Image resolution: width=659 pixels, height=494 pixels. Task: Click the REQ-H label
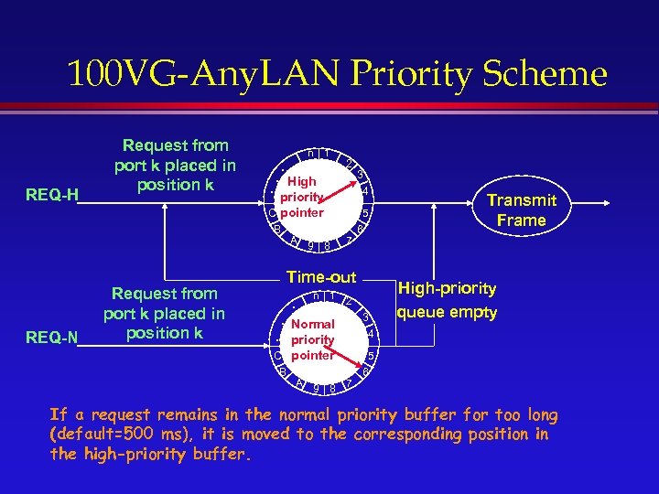(x=53, y=194)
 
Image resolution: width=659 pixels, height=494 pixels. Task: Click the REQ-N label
(x=53, y=339)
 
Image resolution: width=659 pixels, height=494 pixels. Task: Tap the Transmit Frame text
(x=522, y=210)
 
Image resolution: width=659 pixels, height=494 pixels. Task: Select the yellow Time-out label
(x=321, y=276)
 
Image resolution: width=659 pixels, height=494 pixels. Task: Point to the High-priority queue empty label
(x=448, y=300)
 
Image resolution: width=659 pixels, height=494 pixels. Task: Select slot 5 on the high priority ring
(x=364, y=214)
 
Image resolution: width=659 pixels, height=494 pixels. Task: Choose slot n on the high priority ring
(x=312, y=152)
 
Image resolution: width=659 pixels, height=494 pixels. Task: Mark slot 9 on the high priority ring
(x=311, y=245)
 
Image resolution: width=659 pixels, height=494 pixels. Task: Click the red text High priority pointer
(x=302, y=197)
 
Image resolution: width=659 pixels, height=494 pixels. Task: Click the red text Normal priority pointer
(x=312, y=339)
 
